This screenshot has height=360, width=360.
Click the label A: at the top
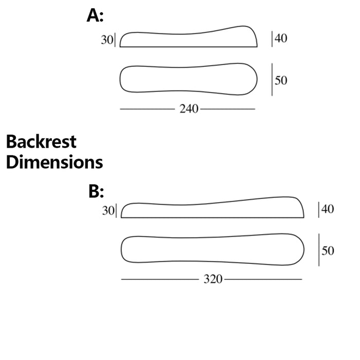[95, 15]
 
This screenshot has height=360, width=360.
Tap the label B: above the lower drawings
[96, 191]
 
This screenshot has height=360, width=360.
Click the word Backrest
[41, 141]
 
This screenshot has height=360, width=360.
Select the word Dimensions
[55, 162]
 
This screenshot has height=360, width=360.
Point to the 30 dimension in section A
[107, 40]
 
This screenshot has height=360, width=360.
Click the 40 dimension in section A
[281, 38]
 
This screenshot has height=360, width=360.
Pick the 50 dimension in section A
[281, 80]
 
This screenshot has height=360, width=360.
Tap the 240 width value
[189, 109]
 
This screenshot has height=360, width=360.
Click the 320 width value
[213, 279]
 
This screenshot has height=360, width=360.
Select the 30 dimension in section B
[108, 210]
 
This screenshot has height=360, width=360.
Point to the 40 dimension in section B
[328, 209]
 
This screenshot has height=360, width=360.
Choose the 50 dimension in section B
[328, 250]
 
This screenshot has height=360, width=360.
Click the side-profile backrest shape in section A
[189, 37]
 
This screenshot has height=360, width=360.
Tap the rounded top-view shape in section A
[189, 79]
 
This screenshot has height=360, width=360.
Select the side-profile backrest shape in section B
[212, 207]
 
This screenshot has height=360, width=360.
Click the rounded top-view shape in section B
[212, 249]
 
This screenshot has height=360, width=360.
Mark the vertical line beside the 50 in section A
[272, 79]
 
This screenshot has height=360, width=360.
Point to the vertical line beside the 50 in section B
[319, 250]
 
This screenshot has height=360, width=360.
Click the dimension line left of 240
[148, 109]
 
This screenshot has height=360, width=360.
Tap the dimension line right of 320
[263, 279]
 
